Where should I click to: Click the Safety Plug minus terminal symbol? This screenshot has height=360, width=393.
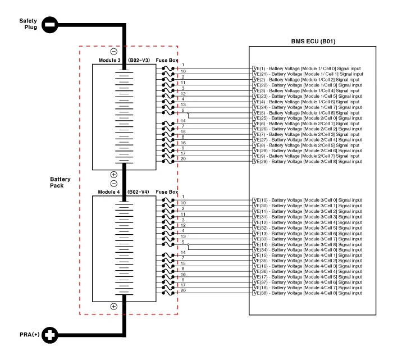[x=50, y=24]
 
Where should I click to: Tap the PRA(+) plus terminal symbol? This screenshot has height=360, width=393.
[x=50, y=336]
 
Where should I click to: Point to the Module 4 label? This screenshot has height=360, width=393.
[x=109, y=192]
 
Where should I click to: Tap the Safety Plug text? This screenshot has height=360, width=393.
[x=28, y=24]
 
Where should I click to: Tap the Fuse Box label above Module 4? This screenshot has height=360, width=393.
[x=166, y=192]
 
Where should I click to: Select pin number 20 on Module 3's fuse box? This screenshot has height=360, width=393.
[x=183, y=159]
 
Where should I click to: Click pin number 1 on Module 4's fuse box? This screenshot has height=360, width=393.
[x=183, y=197]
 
